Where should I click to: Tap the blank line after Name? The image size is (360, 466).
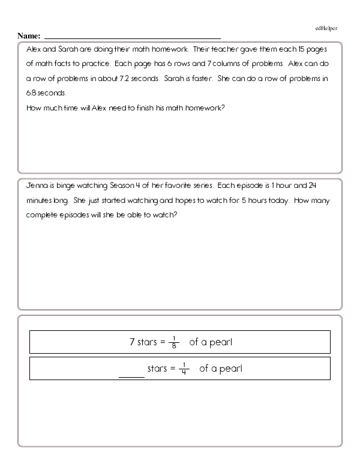[x=132, y=37]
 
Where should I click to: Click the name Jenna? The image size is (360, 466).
[x=37, y=186]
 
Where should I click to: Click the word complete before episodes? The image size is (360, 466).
[x=46, y=216]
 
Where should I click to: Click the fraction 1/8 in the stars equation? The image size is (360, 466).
[x=175, y=342]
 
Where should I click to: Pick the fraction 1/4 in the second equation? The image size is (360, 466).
[x=185, y=368]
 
